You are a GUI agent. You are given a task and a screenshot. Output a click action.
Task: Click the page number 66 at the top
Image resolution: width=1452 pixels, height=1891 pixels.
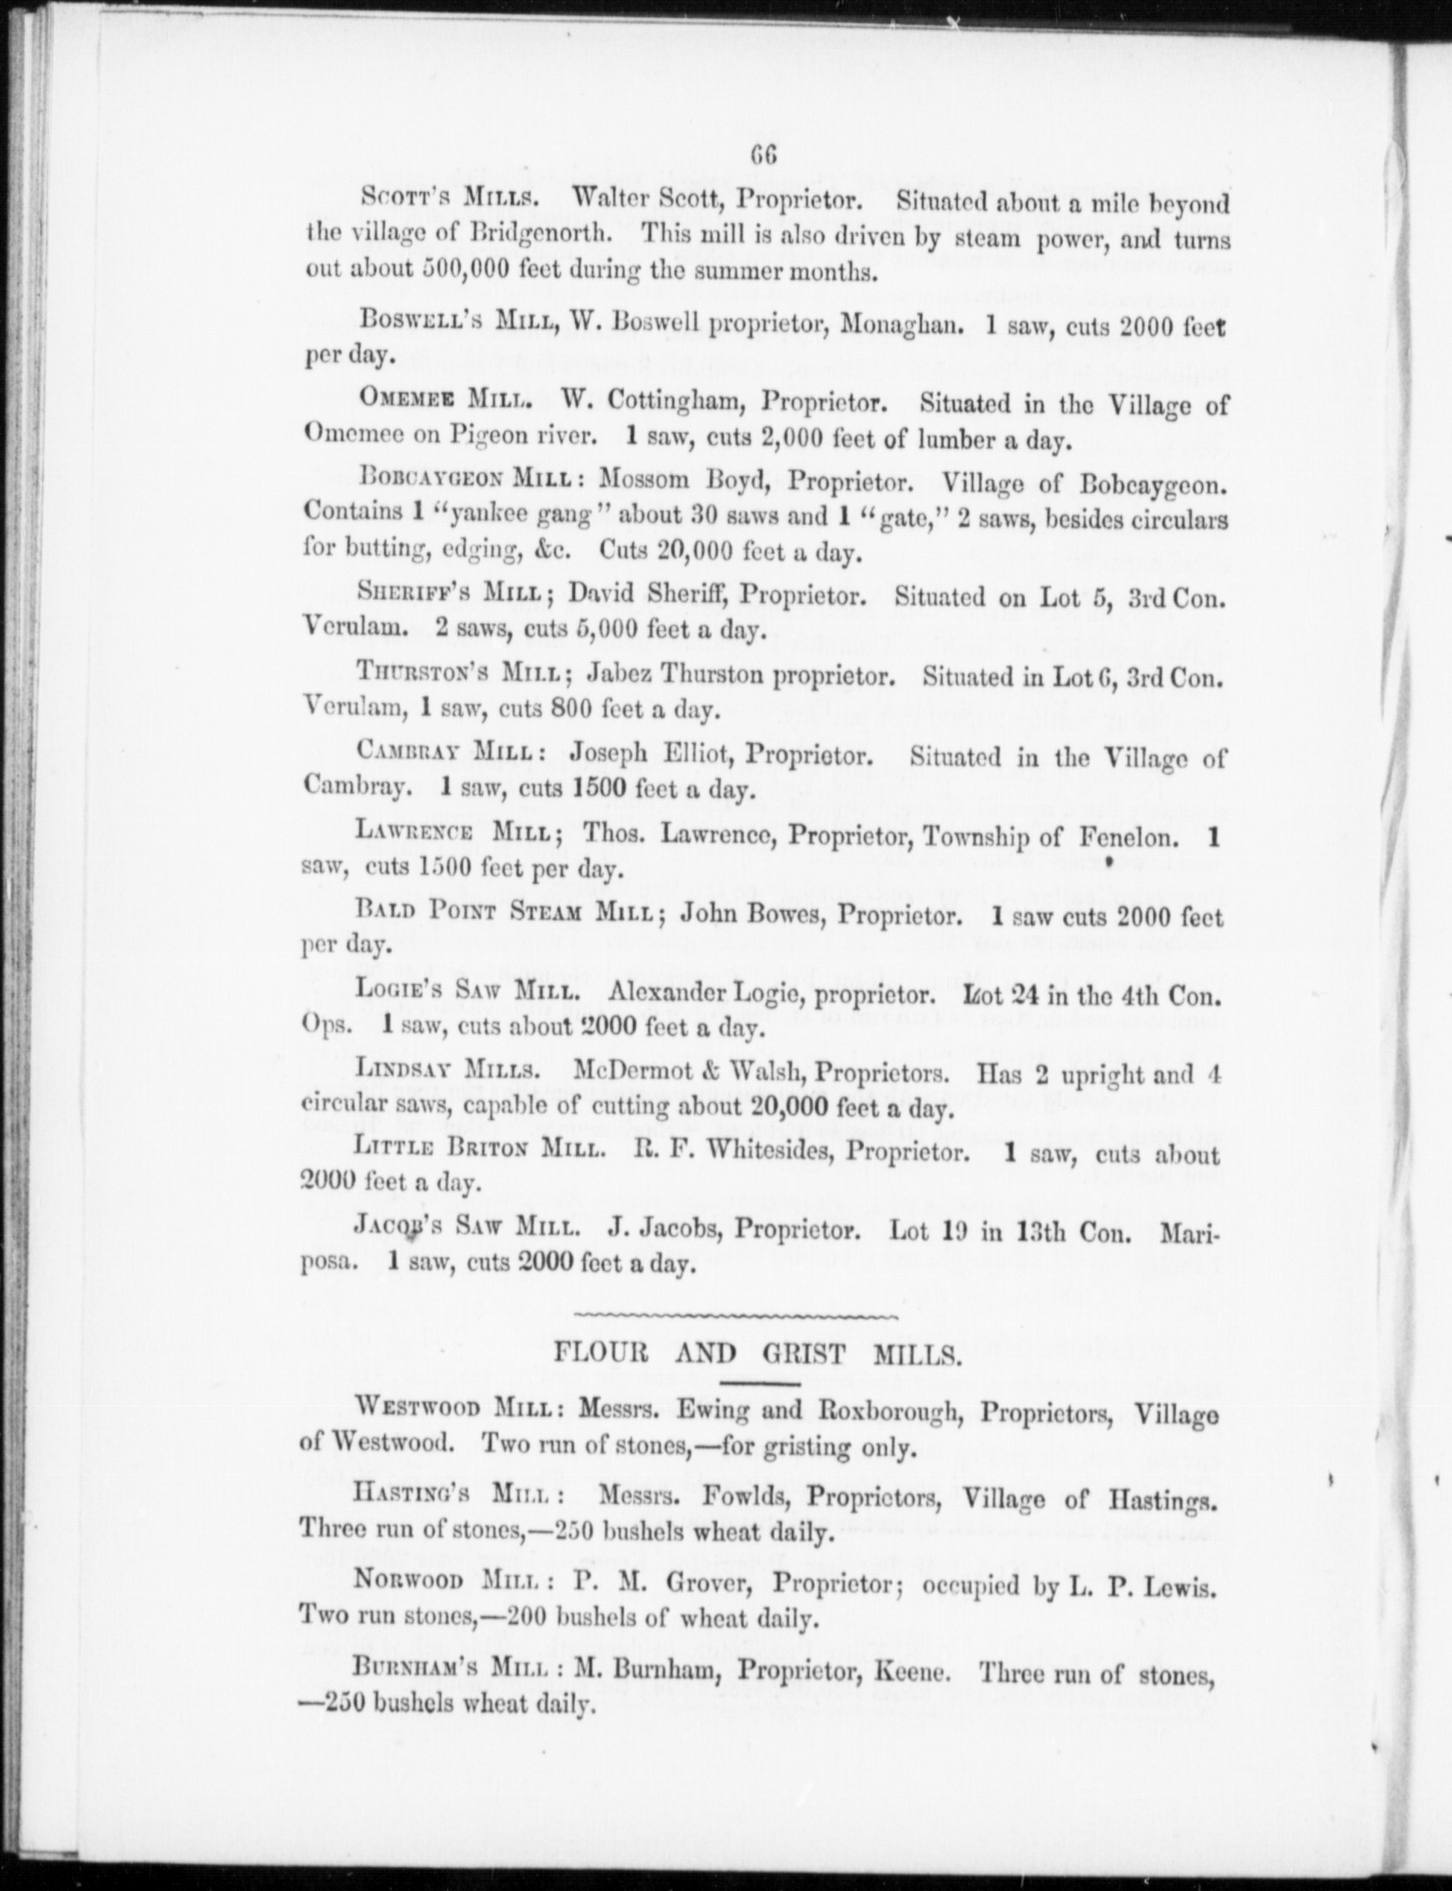[x=765, y=157]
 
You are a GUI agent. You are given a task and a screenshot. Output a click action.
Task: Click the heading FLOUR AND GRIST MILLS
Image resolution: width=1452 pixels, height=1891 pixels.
[x=757, y=1353]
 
